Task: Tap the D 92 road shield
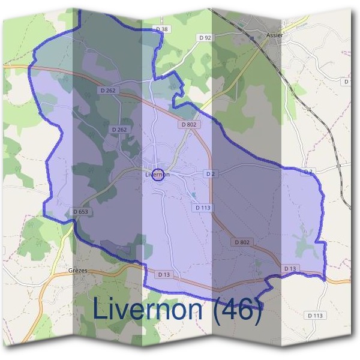click(x=205, y=37)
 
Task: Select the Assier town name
click(x=274, y=35)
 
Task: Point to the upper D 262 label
click(x=109, y=91)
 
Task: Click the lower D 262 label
click(x=119, y=129)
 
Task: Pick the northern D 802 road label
click(x=189, y=124)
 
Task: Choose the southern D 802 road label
click(x=242, y=242)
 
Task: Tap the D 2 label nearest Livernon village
click(x=210, y=173)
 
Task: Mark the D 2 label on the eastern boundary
click(x=308, y=172)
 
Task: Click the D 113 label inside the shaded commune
click(x=203, y=208)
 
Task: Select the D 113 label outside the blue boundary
click(x=315, y=315)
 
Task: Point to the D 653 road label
click(x=80, y=212)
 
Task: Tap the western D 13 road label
click(x=164, y=274)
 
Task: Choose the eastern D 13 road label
click(x=290, y=268)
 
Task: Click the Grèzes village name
click(x=78, y=271)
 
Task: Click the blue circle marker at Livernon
click(x=158, y=175)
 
